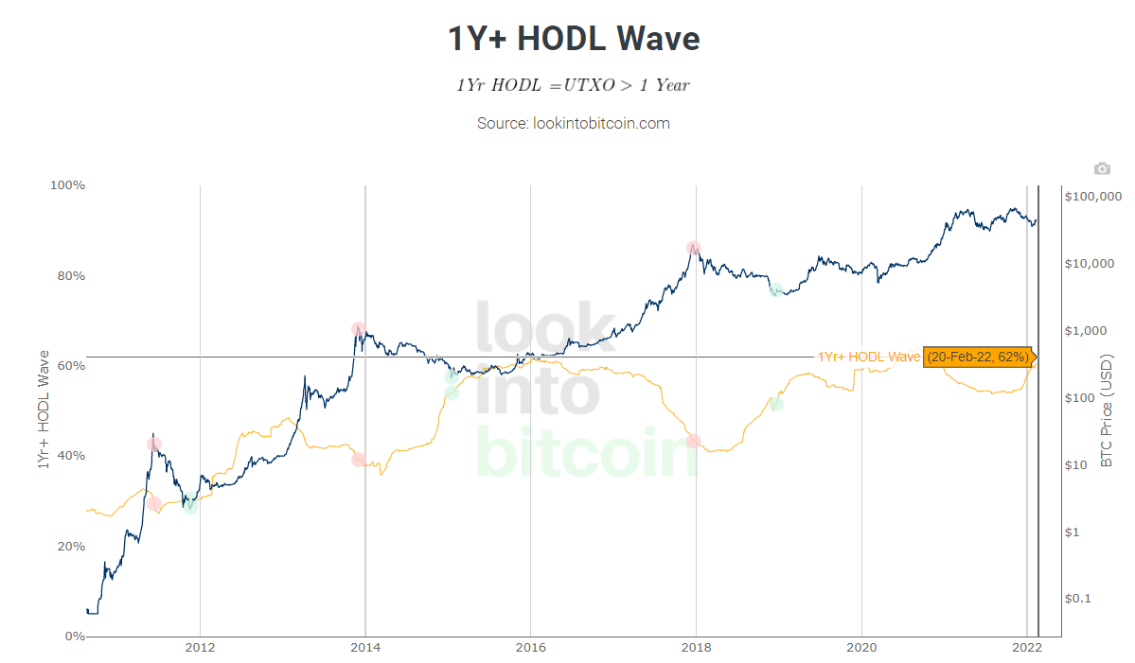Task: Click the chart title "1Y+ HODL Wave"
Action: (x=574, y=39)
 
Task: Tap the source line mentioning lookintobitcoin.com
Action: (x=574, y=123)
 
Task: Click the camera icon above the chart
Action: (x=1101, y=168)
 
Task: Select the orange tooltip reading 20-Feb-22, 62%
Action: (x=978, y=358)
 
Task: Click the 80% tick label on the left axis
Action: (x=68, y=276)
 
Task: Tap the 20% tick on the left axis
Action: (x=68, y=547)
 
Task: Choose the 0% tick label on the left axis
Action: (x=72, y=637)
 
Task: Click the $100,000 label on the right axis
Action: (x=1092, y=196)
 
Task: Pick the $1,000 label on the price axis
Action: (x=1086, y=331)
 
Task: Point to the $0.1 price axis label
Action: (x=1080, y=599)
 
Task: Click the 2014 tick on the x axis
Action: (x=365, y=649)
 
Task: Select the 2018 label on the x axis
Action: (x=696, y=649)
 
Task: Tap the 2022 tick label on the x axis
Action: (x=1027, y=649)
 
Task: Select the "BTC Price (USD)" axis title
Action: (x=1107, y=411)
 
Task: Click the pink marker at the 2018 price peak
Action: (x=694, y=249)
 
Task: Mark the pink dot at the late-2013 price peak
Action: (x=358, y=329)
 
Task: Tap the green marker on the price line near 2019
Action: (x=776, y=290)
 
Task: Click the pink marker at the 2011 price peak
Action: (x=153, y=445)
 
